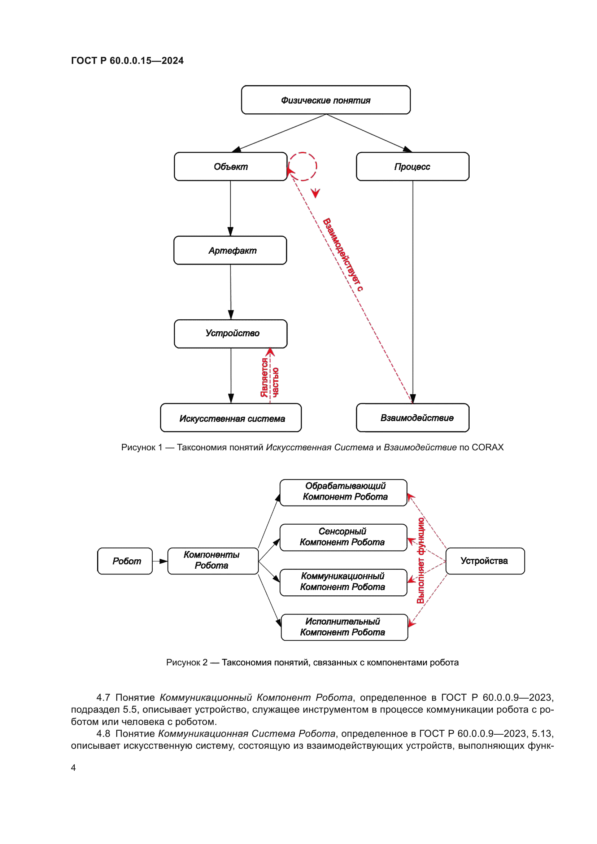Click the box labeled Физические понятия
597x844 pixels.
click(x=326, y=100)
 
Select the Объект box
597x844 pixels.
click(x=231, y=166)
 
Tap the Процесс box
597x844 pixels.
click(x=413, y=166)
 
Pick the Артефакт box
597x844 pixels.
click(x=230, y=250)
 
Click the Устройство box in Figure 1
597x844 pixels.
click(x=231, y=333)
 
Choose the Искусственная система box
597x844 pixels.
click(x=231, y=418)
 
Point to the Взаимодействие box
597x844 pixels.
click(x=413, y=418)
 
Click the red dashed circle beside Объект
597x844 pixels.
click(x=302, y=166)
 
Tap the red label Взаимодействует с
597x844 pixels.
click(x=343, y=255)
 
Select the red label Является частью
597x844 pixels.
click(x=270, y=377)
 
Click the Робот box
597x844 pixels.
click(x=125, y=561)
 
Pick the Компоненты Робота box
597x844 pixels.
click(x=213, y=561)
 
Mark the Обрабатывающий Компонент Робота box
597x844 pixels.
click(x=343, y=493)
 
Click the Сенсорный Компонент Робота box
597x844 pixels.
click(x=343, y=537)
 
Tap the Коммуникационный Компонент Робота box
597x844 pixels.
click(x=343, y=582)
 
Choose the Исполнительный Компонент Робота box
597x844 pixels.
click(x=344, y=627)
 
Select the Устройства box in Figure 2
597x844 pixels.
click(x=485, y=561)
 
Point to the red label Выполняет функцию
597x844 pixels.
click(x=420, y=561)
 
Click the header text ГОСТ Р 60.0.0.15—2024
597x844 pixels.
click(x=127, y=61)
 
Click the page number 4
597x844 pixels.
click(x=74, y=768)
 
